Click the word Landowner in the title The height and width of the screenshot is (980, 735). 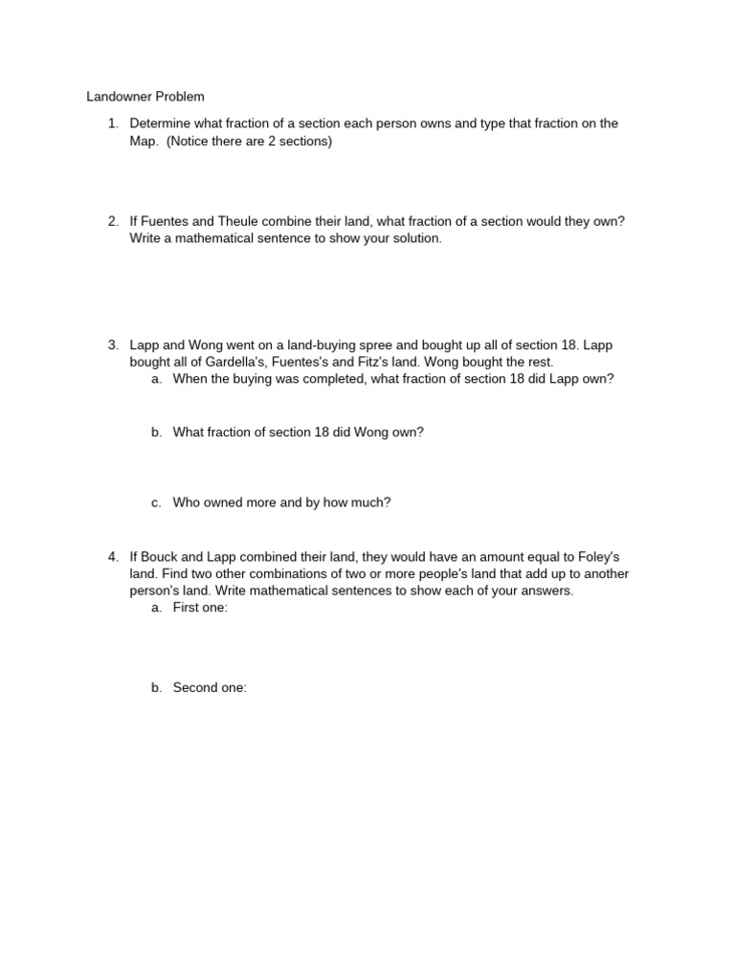[x=119, y=97]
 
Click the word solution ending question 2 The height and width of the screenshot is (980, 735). [x=413, y=238]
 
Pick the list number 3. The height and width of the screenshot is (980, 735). [x=112, y=345]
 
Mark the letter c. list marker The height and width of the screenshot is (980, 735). [x=155, y=502]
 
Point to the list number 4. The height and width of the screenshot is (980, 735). [x=112, y=556]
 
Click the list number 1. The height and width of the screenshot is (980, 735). [x=112, y=123]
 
